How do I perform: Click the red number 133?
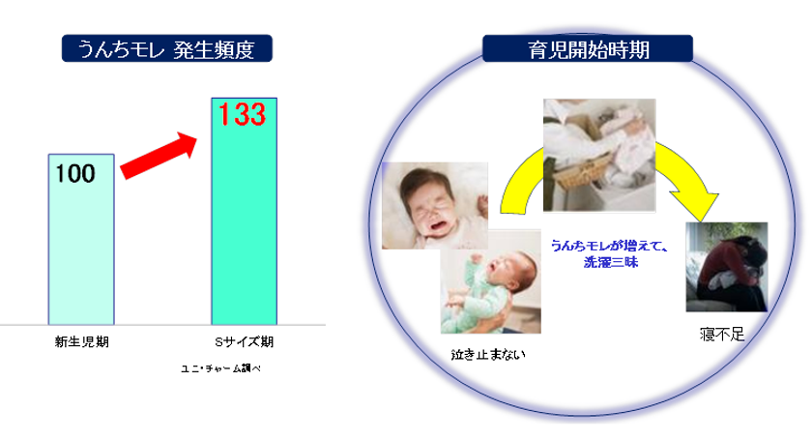[x=242, y=114]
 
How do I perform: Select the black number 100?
[x=75, y=174]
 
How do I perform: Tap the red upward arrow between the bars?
[x=159, y=156]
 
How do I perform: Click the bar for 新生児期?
[x=81, y=240]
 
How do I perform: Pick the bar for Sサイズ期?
[x=244, y=211]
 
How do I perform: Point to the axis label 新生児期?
[x=82, y=342]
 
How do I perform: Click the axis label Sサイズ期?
[x=244, y=342]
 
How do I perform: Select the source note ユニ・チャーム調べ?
[x=220, y=368]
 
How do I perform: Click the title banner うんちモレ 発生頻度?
[x=166, y=48]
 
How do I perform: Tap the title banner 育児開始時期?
[x=588, y=49]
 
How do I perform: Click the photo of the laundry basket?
[x=599, y=155]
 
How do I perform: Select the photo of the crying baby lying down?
[x=435, y=206]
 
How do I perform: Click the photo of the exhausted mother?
[x=727, y=267]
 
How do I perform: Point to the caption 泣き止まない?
[x=488, y=355]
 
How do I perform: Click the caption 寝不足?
[x=722, y=335]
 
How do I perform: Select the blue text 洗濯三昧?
[x=611, y=262]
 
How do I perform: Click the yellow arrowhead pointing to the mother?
[x=698, y=205]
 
